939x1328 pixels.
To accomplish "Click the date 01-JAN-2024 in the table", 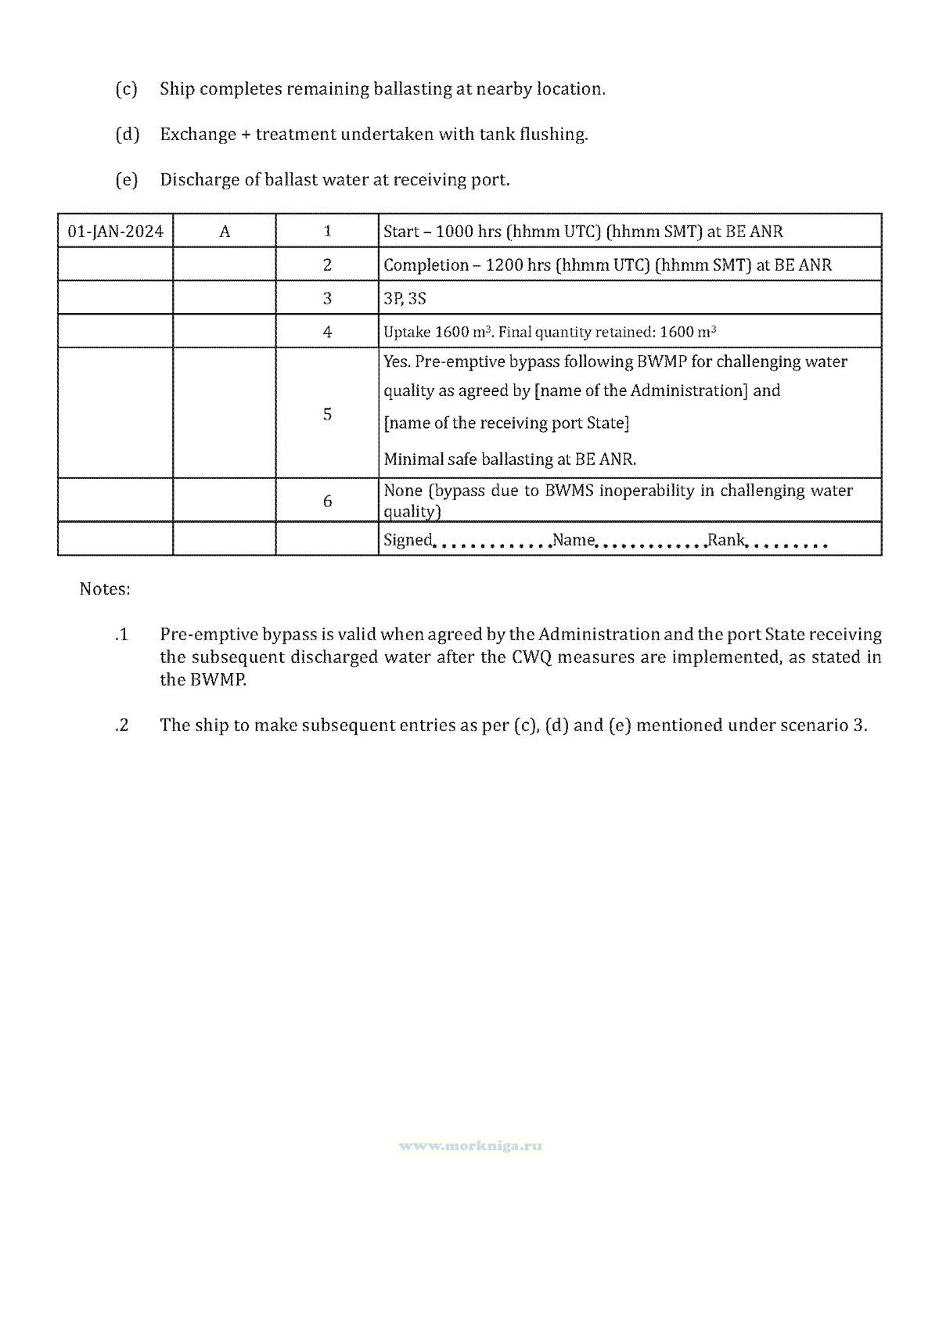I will pyautogui.click(x=116, y=232).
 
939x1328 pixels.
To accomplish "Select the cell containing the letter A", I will pyautogui.click(x=225, y=232).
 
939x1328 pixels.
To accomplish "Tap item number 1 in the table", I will pyautogui.click(x=327, y=232).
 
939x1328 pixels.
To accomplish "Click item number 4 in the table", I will pyautogui.click(x=327, y=332).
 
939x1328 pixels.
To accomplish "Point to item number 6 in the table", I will pyautogui.click(x=327, y=501).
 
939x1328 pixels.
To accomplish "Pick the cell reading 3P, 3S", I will pyautogui.click(x=405, y=299).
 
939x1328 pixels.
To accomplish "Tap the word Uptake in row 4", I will pyautogui.click(x=406, y=332).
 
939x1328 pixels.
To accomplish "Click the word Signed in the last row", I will pyautogui.click(x=407, y=540).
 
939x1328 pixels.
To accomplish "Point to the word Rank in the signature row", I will pyautogui.click(x=725, y=540).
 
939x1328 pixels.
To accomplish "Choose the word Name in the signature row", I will pyautogui.click(x=574, y=540).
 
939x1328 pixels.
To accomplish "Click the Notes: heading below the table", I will pyautogui.click(x=105, y=589).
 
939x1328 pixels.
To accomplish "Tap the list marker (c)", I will pyautogui.click(x=126, y=89).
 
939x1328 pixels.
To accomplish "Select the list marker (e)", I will pyautogui.click(x=126, y=180).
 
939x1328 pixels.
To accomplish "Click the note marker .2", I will pyautogui.click(x=121, y=725).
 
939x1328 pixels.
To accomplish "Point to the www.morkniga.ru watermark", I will pyautogui.click(x=470, y=1146).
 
